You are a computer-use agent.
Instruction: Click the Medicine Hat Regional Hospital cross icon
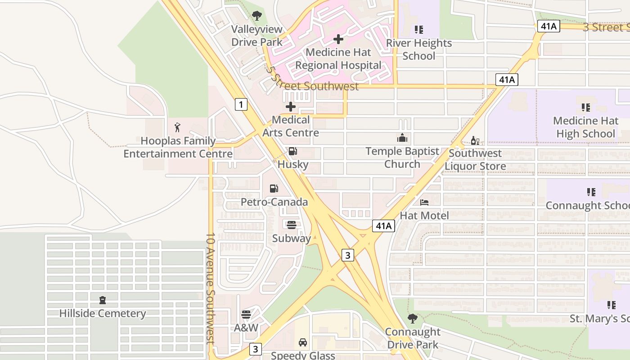[338, 39]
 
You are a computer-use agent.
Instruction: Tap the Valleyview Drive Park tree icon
[256, 16]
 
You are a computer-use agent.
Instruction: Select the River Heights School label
[419, 49]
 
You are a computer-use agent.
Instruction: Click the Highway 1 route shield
[241, 105]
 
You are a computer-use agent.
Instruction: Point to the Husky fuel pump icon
[293, 151]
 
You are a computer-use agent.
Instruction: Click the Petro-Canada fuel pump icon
[274, 188]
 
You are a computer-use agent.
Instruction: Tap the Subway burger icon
[291, 225]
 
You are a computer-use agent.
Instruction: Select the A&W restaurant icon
[246, 314]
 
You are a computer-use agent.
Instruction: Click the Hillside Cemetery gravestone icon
[103, 300]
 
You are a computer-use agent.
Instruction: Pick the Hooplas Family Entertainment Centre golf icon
[178, 127]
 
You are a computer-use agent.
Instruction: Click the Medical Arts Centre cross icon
[291, 107]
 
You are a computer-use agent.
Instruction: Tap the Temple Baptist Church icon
[402, 138]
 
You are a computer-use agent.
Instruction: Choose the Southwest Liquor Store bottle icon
[475, 140]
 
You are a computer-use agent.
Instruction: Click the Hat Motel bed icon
[424, 202]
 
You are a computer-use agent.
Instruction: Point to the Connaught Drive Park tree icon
[412, 319]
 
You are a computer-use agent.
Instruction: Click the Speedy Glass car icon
[303, 342]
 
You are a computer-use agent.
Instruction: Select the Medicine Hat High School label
[585, 127]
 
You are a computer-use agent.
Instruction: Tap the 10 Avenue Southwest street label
[211, 288]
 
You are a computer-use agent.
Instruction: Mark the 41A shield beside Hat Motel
[383, 225]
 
